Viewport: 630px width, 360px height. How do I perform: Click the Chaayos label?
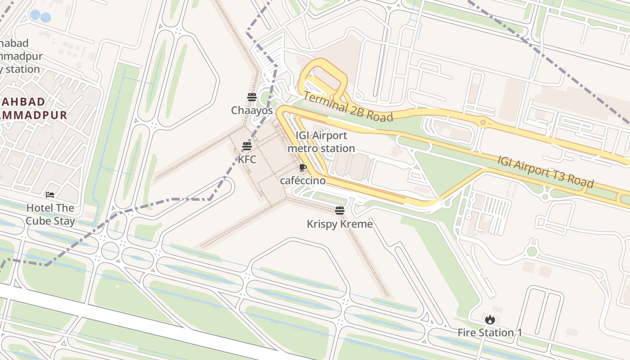click(252, 110)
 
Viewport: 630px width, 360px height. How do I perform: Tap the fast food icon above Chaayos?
click(252, 97)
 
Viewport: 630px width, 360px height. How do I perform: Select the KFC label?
click(247, 159)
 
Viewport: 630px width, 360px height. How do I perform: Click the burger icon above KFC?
click(247, 146)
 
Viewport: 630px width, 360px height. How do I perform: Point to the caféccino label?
click(302, 180)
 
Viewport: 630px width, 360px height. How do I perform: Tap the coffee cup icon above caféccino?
click(302, 168)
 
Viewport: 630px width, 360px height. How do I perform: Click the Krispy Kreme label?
click(340, 224)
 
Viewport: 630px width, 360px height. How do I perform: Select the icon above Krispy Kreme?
click(340, 210)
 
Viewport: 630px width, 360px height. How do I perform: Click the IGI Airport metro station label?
click(321, 142)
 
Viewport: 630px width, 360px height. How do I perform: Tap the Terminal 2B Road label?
click(348, 107)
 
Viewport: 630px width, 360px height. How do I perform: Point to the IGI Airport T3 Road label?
click(545, 172)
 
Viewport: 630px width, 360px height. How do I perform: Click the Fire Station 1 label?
click(490, 333)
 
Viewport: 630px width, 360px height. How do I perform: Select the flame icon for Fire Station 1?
click(490, 320)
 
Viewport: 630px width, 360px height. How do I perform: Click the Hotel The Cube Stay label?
click(50, 214)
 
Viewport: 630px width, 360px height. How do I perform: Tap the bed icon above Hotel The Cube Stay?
click(50, 195)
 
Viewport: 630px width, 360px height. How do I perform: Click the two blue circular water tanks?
click(40, 17)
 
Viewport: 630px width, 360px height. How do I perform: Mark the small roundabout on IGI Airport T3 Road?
click(483, 122)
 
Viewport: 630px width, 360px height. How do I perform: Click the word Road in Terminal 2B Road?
click(379, 116)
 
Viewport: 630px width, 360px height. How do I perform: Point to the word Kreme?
click(356, 224)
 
